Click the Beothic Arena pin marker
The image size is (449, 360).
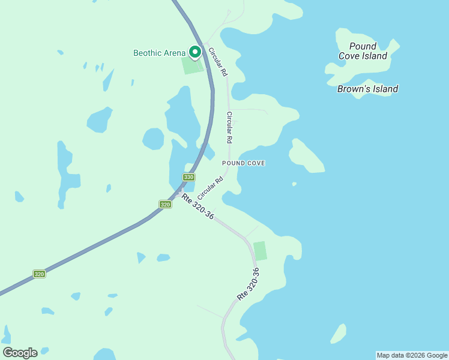pyautogui.click(x=195, y=52)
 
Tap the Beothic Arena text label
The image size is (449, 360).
pyautogui.click(x=159, y=53)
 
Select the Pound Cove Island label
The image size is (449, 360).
pyautogui.click(x=363, y=51)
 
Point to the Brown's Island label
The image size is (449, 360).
pyautogui.click(x=367, y=89)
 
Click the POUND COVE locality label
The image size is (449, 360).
pyautogui.click(x=243, y=163)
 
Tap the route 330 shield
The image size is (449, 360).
pyautogui.click(x=189, y=177)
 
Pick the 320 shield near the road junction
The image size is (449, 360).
pyautogui.click(x=165, y=205)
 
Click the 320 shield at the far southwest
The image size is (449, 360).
pyautogui.click(x=39, y=274)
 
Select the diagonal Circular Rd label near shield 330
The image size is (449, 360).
pyautogui.click(x=210, y=188)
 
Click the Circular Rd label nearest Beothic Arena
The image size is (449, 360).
pyautogui.click(x=217, y=62)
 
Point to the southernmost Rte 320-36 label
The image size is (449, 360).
pyautogui.click(x=249, y=284)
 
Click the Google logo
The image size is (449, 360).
pyautogui.click(x=20, y=353)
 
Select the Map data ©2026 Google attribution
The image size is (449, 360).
pyautogui.click(x=412, y=355)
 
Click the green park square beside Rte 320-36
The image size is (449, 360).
pyautogui.click(x=260, y=251)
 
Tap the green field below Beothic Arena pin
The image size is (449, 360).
pyautogui.click(x=193, y=66)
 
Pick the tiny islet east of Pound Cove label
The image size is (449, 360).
pyautogui.click(x=294, y=184)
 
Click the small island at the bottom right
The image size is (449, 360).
pyautogui.click(x=339, y=334)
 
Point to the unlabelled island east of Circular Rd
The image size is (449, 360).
pyautogui.click(x=306, y=157)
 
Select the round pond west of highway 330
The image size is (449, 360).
pyautogui.click(x=153, y=139)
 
